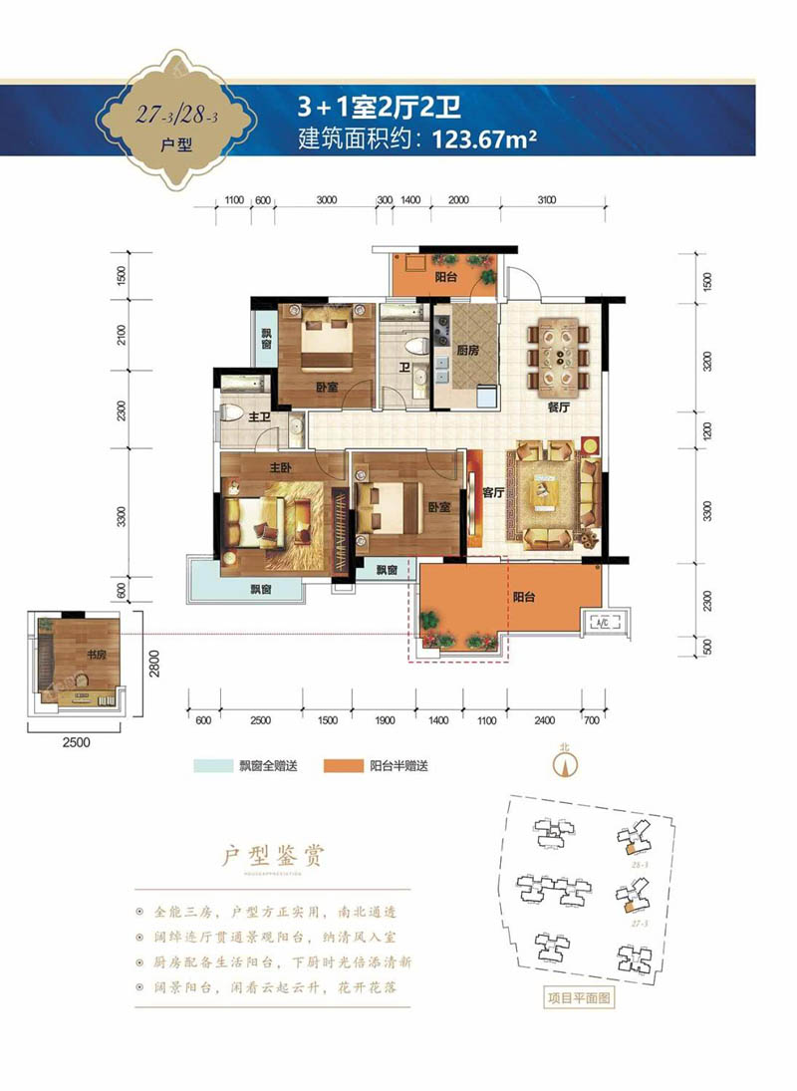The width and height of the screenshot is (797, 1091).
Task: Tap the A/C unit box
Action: [x=601, y=624]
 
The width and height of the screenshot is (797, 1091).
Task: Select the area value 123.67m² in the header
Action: [x=485, y=139]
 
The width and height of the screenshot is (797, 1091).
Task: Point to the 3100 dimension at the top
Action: [x=545, y=200]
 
